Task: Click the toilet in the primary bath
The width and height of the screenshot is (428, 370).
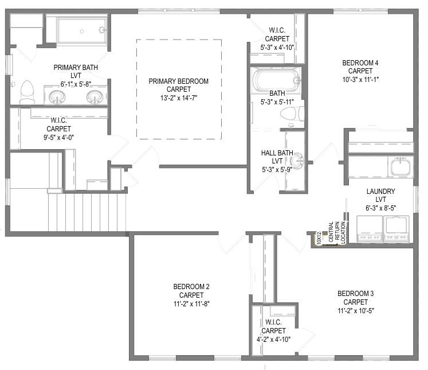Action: pos(27,92)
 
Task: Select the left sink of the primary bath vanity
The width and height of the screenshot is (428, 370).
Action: pos(57,97)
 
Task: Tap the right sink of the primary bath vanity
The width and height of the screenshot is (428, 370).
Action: pos(95,97)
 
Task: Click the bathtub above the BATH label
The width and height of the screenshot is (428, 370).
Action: pos(276,80)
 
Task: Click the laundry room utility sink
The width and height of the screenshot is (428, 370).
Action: pos(400,167)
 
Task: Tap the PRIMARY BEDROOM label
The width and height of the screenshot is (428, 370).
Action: pos(179,81)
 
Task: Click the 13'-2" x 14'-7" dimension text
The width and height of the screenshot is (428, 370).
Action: pos(179,98)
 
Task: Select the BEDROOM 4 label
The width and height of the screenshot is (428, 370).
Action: pos(360,63)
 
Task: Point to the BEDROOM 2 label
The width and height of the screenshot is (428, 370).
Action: pos(191,287)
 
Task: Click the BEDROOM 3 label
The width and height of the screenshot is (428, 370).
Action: pos(356,294)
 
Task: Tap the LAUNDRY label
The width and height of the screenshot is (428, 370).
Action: pos(381,191)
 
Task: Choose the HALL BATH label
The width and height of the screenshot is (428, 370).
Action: pos(277,153)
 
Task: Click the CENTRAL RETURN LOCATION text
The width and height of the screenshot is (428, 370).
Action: pos(337,232)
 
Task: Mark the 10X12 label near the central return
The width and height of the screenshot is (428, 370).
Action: pos(319,237)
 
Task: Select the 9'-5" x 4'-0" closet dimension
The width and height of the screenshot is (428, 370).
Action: pos(58,138)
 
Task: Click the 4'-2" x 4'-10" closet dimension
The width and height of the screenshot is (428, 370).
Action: pos(273,340)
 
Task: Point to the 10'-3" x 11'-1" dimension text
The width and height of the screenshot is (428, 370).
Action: pos(360,80)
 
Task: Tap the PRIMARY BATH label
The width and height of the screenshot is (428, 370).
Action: pos(76,67)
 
